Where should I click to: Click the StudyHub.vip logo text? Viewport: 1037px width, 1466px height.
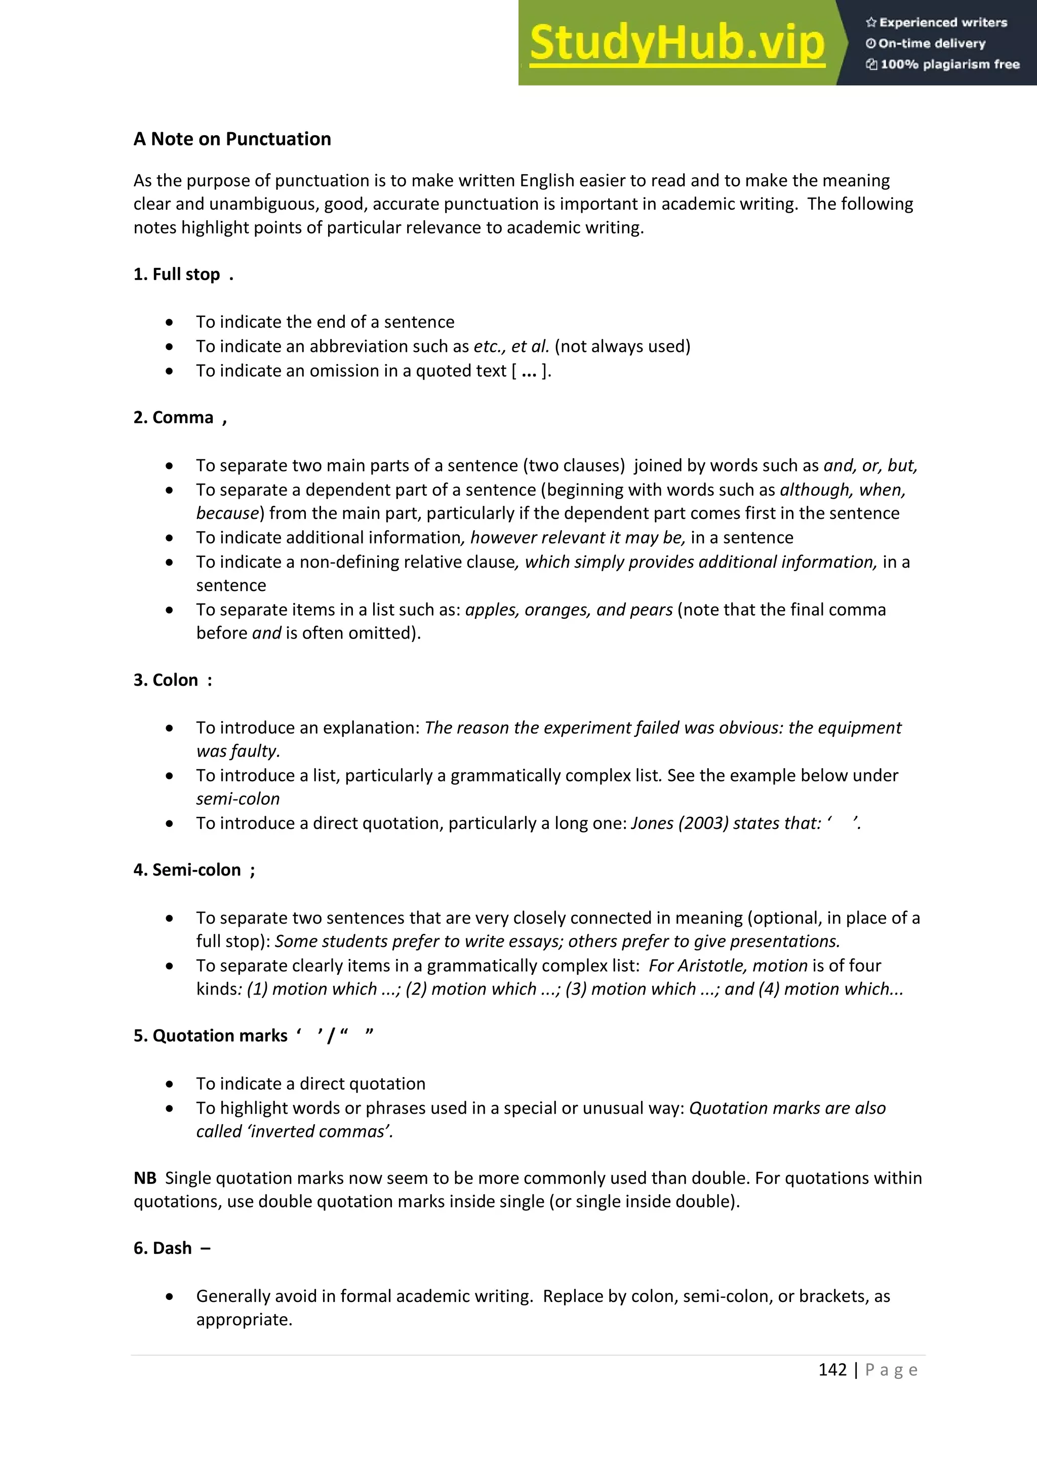pyautogui.click(x=677, y=44)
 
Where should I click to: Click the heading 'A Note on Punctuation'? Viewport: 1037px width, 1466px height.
pyautogui.click(x=232, y=139)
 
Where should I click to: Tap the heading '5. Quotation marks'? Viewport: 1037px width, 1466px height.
pyautogui.click(x=211, y=1036)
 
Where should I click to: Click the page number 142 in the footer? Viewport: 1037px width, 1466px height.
pyautogui.click(x=832, y=1370)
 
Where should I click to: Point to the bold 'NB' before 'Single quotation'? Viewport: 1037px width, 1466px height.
pyautogui.click(x=145, y=1178)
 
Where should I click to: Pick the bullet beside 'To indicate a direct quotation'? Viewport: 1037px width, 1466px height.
pyautogui.click(x=169, y=1084)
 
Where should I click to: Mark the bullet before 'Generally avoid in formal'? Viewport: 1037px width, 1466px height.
pyautogui.click(x=169, y=1297)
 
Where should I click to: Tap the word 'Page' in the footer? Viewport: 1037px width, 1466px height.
pyautogui.click(x=891, y=1370)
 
